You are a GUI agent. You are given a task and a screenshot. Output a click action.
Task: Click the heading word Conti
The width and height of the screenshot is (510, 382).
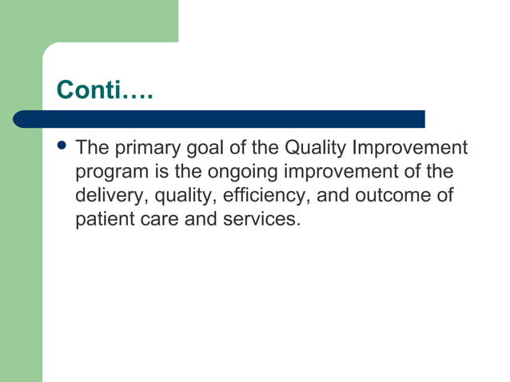(88, 90)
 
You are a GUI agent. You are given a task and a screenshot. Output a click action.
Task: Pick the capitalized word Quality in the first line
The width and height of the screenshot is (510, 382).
(315, 149)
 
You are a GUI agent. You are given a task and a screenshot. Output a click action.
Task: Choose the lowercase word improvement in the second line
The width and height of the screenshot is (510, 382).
(351, 173)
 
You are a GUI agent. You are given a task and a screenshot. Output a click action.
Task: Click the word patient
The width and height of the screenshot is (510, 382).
(104, 219)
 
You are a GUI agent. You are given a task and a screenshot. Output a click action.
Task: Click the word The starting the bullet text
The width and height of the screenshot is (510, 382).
(91, 149)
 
